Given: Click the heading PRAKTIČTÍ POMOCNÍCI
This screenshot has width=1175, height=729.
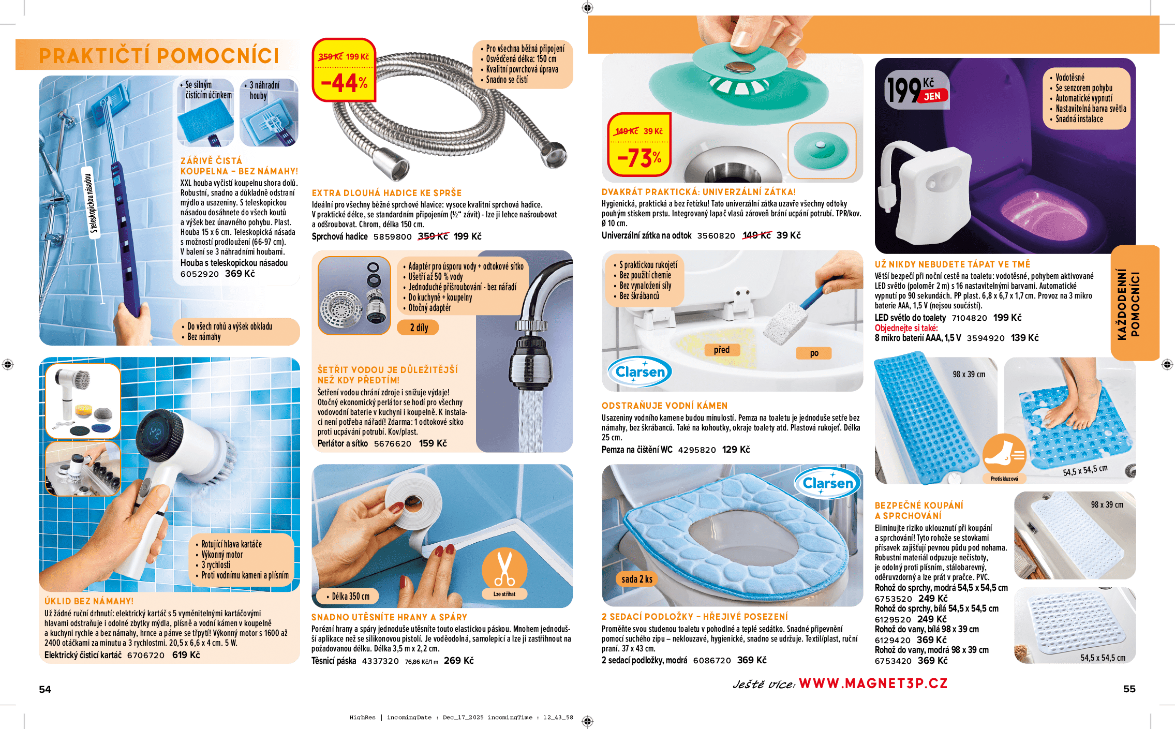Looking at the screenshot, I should [159, 56].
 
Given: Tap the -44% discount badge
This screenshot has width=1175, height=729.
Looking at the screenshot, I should [344, 70].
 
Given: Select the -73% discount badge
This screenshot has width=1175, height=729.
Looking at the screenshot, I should [639, 145].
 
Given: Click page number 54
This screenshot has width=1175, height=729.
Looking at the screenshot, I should [45, 689].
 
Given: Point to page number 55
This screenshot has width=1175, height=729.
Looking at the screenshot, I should [1129, 689].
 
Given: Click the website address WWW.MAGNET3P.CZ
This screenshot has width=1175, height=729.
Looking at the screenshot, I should [873, 683].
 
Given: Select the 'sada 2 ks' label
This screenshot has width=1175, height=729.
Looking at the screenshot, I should [637, 579].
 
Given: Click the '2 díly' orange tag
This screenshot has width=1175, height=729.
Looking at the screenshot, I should [419, 328].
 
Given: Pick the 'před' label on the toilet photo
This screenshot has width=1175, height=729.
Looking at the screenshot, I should [722, 350].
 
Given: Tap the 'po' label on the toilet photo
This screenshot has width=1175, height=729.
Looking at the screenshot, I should [814, 353].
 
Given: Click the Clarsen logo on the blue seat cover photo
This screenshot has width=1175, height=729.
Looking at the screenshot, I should [827, 483].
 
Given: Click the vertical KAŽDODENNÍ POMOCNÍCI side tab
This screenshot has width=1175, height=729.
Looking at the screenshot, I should [1135, 304].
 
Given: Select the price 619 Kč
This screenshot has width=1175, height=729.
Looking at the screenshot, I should [186, 655].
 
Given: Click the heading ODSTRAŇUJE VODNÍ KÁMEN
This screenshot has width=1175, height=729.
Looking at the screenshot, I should [664, 406].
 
